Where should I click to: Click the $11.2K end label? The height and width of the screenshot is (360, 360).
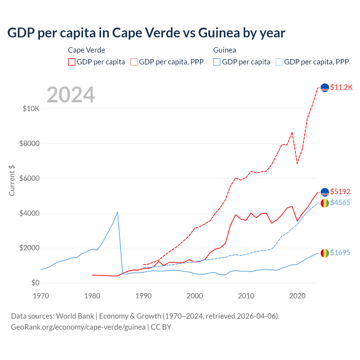341,87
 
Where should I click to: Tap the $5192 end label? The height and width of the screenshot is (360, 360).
340,192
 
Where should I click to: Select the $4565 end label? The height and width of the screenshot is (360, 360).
340,202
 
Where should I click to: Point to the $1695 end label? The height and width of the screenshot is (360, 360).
340,253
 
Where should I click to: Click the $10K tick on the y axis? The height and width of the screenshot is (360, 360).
31,109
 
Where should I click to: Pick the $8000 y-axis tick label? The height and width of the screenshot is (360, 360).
30,143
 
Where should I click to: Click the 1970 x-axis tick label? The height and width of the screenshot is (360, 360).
41,296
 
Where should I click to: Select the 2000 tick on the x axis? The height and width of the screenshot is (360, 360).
195,296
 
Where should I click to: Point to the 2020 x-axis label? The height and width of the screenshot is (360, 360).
297,296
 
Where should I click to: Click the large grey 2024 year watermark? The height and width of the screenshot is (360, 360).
71,95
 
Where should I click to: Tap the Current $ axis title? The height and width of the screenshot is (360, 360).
12,181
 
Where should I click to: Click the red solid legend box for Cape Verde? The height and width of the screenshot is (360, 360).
72,62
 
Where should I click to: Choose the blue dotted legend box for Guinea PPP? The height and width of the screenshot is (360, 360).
279,62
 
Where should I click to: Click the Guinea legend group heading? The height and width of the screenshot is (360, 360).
224,50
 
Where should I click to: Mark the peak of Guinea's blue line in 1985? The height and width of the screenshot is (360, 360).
118,212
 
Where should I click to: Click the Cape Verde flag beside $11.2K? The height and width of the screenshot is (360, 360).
325,88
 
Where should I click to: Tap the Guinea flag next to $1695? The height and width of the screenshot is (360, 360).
325,253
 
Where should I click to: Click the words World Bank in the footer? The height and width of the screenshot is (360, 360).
75,316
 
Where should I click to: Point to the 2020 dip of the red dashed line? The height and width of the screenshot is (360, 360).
297,163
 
